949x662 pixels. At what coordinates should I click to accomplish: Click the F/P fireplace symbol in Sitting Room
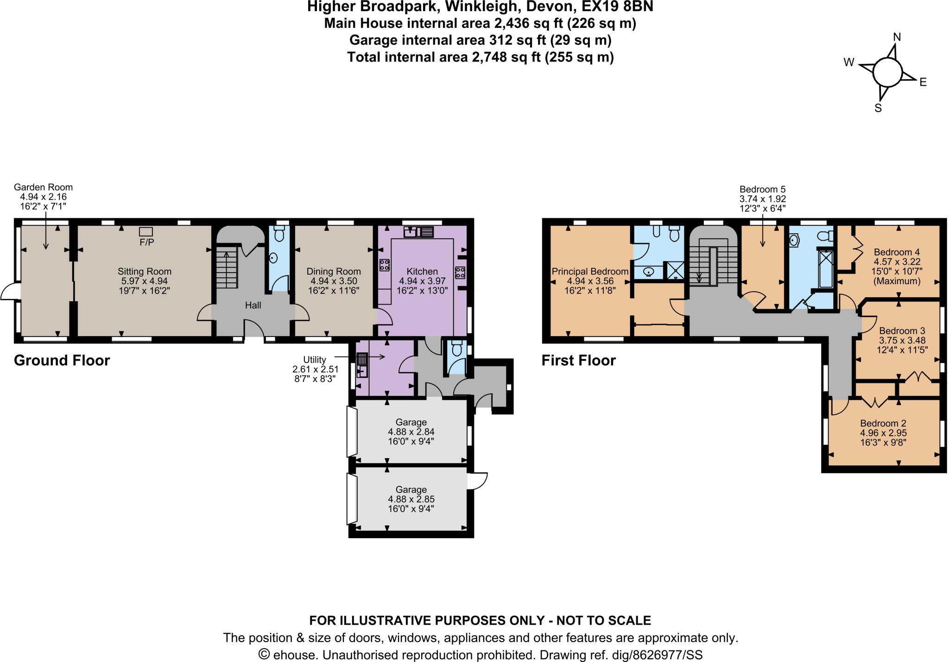tap(146, 231)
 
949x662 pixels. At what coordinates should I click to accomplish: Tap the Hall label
tap(253, 306)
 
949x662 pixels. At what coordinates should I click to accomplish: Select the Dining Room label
tap(333, 272)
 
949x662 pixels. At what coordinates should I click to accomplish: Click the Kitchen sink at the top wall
tap(418, 231)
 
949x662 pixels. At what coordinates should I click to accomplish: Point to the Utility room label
tap(315, 360)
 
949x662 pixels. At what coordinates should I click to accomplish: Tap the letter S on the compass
tap(877, 108)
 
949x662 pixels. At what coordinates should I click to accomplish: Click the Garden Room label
tap(43, 187)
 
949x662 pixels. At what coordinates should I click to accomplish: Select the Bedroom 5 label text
tap(762, 189)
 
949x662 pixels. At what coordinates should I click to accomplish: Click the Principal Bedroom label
tap(590, 272)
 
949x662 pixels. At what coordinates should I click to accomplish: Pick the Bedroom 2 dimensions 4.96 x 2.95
tap(883, 433)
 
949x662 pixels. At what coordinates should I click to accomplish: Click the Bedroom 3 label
tap(902, 331)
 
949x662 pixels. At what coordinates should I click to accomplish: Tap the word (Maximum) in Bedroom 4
tap(896, 281)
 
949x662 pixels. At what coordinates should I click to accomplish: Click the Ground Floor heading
tap(62, 361)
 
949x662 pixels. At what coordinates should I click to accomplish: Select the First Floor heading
tap(578, 361)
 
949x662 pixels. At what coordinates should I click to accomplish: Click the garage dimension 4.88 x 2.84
tap(411, 432)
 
